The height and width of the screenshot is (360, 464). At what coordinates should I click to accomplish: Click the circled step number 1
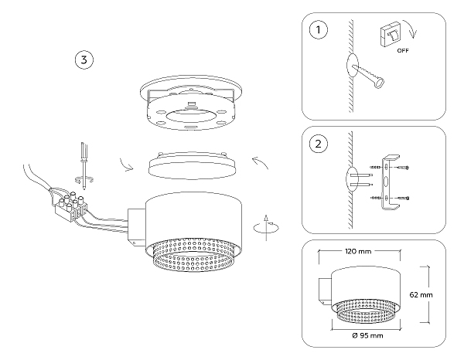point(316,31)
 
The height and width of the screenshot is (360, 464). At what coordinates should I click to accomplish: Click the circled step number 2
point(316,144)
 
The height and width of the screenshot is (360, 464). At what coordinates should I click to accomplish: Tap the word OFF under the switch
point(402,50)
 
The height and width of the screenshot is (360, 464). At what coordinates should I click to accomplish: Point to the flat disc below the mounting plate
point(189,165)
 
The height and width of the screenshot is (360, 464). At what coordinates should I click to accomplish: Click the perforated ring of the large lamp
point(193,254)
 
